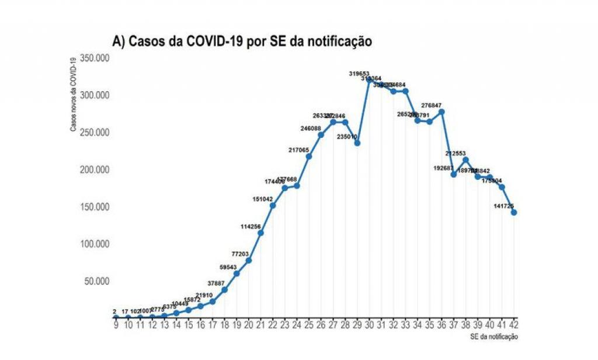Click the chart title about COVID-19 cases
tap(242, 41)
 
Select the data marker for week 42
tap(514, 212)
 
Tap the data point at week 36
tap(441, 112)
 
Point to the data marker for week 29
tap(357, 143)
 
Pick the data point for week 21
tap(260, 233)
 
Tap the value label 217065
tap(300, 150)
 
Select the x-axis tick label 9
tap(116, 324)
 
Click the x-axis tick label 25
tap(309, 324)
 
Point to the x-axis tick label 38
tap(465, 324)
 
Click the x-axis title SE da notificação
tap(493, 337)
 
